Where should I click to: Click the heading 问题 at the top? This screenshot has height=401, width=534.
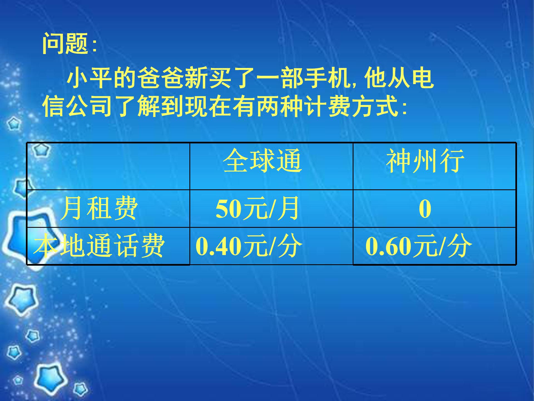click(66, 43)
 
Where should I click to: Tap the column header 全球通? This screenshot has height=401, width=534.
click(262, 161)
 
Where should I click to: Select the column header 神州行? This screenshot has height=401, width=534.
click(425, 161)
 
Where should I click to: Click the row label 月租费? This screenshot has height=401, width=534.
click(99, 209)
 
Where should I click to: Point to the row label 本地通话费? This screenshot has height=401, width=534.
click(99, 246)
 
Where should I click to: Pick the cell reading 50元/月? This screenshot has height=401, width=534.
click(257, 209)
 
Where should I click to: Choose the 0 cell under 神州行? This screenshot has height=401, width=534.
click(425, 209)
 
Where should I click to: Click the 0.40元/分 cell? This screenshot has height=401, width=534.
click(249, 246)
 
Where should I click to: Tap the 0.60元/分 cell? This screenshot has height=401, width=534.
click(419, 246)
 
